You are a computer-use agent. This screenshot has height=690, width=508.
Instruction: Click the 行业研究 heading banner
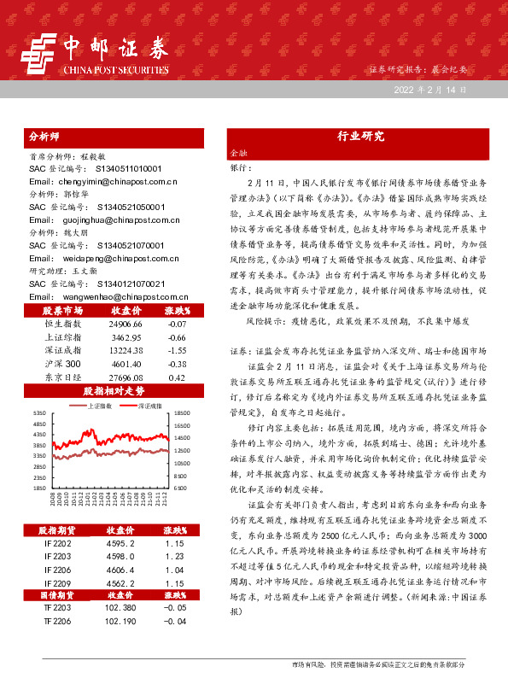(355, 136)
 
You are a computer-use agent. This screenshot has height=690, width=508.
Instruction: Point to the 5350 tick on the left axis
(40, 413)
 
